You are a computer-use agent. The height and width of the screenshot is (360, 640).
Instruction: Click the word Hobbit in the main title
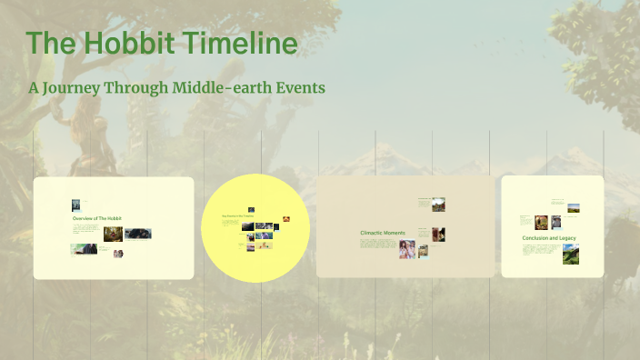coord(124,44)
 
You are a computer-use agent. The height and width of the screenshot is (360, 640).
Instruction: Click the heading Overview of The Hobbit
coord(96,219)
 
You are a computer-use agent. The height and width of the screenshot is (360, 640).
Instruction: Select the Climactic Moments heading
coord(383,234)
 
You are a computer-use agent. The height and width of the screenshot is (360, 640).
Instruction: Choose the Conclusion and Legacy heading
coord(548,238)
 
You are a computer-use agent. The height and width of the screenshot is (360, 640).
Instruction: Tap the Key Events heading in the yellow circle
coord(235,216)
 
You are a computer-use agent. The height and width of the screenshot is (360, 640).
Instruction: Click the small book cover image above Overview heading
coord(76,205)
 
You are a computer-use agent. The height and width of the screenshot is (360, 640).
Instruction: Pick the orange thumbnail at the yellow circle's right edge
coord(286,218)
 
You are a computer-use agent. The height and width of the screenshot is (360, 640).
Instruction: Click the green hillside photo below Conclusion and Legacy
coord(570,254)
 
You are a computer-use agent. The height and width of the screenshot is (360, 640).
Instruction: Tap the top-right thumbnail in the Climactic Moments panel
coord(438,205)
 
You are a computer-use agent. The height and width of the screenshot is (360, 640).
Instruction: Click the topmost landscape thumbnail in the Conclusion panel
coord(573,207)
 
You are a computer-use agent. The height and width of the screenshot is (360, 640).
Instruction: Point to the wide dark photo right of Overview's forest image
coord(138,234)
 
